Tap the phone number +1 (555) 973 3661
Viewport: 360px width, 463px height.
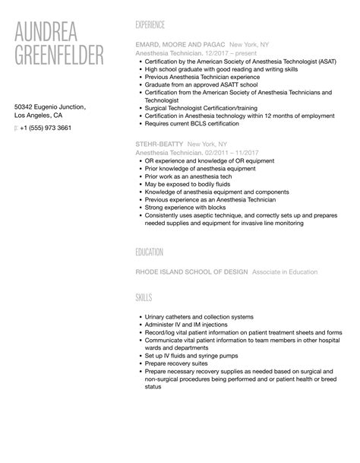point(46,128)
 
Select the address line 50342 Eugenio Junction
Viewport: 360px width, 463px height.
point(55,106)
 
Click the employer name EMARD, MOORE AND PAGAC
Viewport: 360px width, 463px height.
point(178,45)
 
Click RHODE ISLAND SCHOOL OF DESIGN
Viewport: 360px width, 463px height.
point(191,271)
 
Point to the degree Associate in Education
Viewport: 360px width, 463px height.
point(285,271)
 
